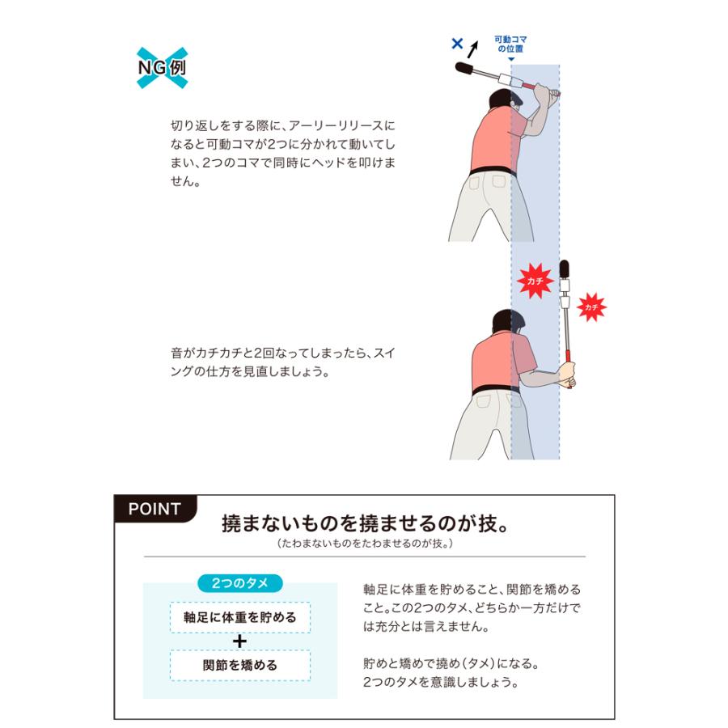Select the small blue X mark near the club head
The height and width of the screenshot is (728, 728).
pos(458,44)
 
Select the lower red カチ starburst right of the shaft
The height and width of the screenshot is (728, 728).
pos(592,307)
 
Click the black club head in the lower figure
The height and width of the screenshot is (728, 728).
pos(564,269)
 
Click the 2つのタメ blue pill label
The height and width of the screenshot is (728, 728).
pos(240,582)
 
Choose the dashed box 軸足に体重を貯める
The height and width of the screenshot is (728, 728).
pos(240,617)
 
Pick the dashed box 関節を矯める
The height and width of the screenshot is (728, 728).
pos(240,665)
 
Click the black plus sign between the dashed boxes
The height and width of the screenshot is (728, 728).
pos(240,641)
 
